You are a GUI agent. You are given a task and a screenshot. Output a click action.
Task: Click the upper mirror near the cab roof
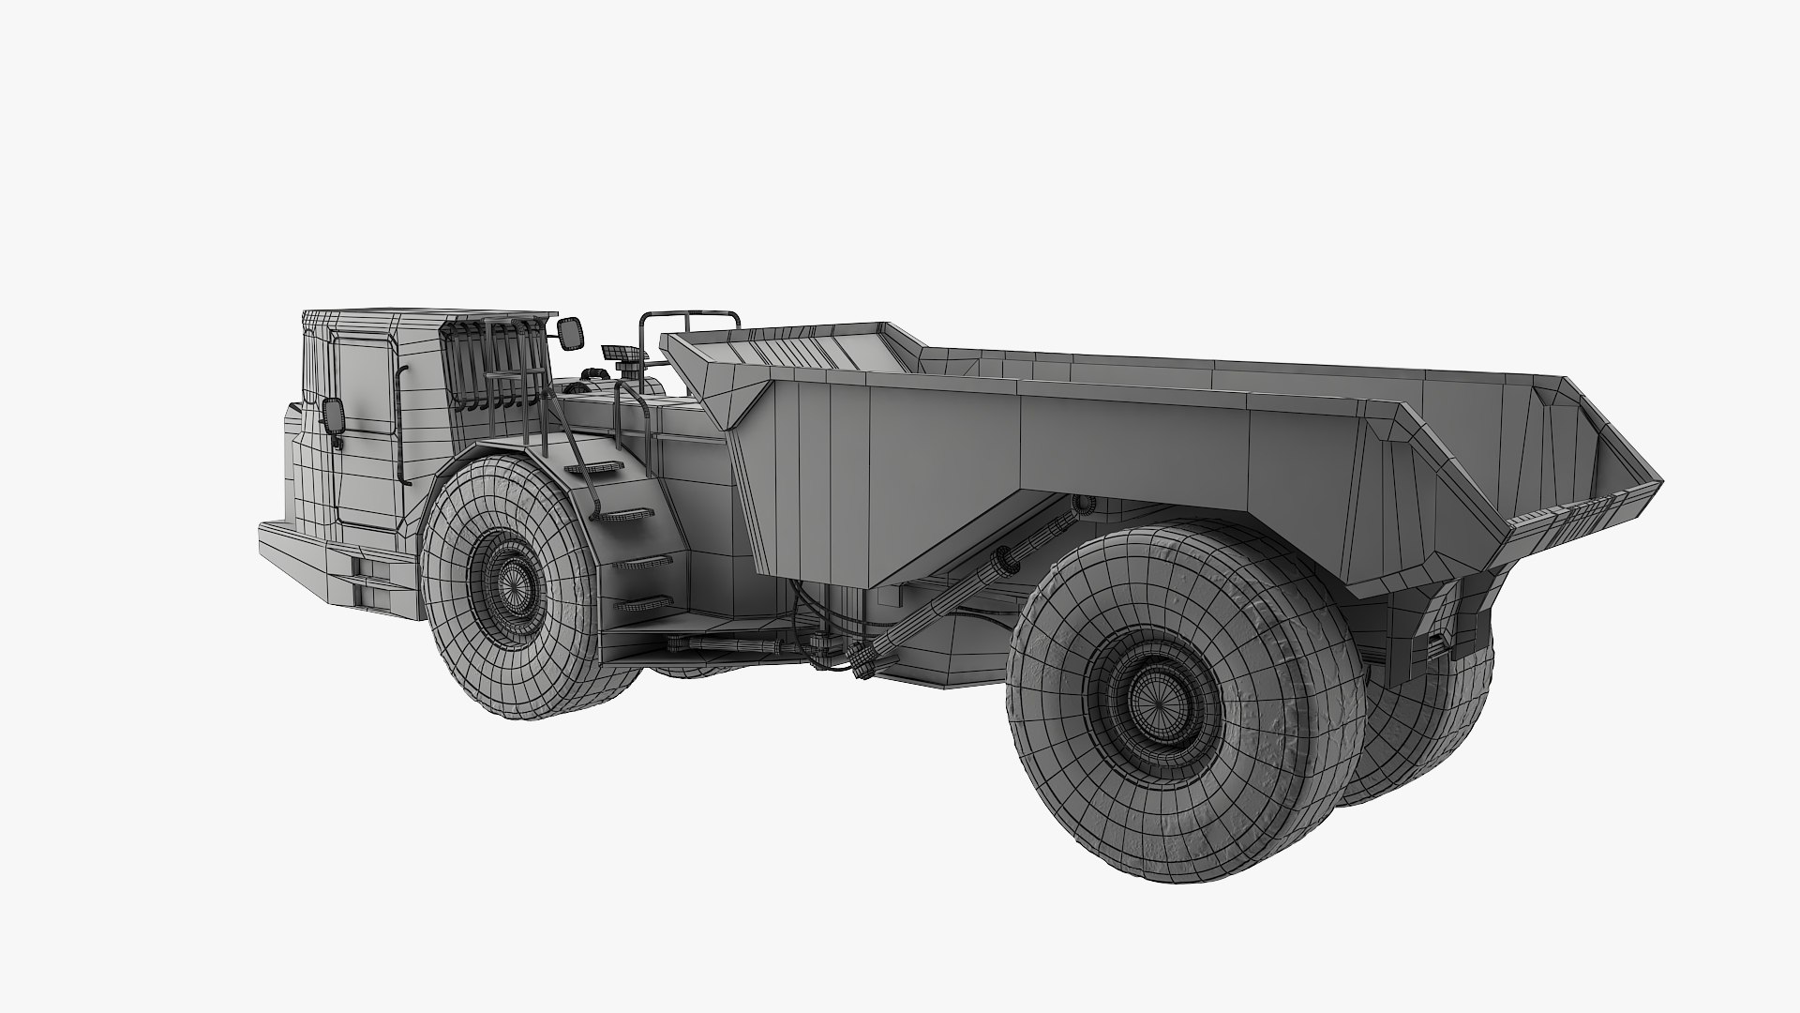(x=569, y=331)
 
